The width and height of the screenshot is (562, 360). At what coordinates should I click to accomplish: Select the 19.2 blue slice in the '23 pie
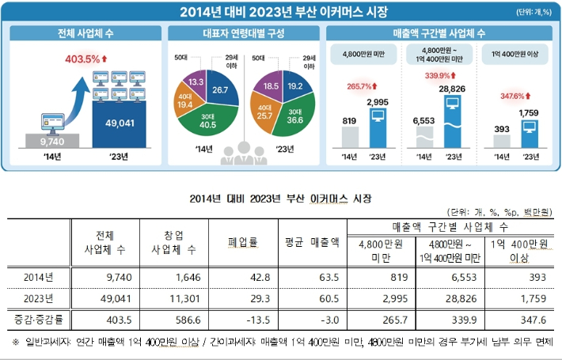(295, 85)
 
